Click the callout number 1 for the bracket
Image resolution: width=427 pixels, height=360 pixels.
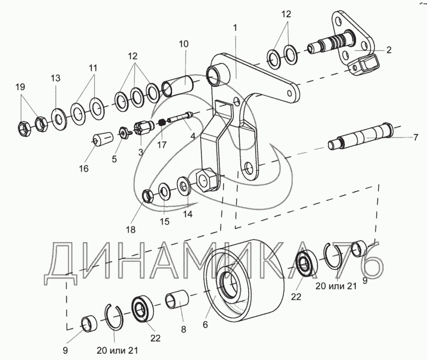[235, 28]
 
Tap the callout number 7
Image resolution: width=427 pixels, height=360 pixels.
[416, 137]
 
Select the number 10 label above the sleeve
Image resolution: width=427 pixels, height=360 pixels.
[184, 44]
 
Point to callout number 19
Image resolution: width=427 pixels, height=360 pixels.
[20, 87]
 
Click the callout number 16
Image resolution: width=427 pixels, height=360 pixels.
[84, 169]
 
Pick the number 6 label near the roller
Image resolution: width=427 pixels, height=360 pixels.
[205, 324]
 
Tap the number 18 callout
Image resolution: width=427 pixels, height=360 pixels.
[131, 229]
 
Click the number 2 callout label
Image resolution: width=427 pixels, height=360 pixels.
[389, 50]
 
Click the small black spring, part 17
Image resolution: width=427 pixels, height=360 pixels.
[163, 122]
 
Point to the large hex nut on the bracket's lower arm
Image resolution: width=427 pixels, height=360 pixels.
[206, 180]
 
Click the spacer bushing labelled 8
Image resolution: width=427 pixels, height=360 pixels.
[177, 299]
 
